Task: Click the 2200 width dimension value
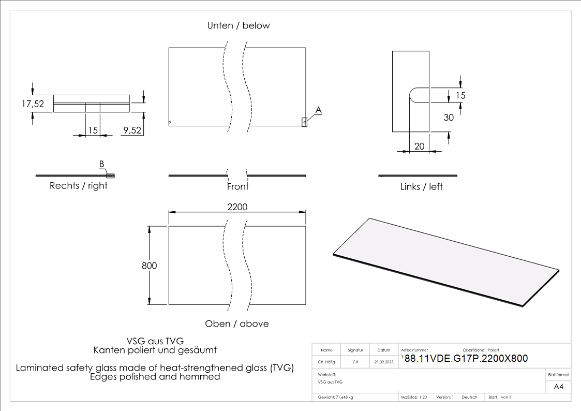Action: (237, 207)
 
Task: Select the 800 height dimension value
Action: (149, 266)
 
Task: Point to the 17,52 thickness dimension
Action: (33, 104)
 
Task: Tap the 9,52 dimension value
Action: (132, 130)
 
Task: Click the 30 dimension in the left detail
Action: (449, 118)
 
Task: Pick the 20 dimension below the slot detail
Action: (419, 146)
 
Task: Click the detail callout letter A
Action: (319, 110)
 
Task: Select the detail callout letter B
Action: (102, 164)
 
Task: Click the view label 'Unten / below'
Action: (239, 25)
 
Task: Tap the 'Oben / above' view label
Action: (237, 324)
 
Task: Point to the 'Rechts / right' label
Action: (79, 186)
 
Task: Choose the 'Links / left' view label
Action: (422, 186)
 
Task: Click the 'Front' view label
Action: (237, 186)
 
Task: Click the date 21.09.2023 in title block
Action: (384, 362)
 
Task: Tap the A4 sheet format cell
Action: (558, 386)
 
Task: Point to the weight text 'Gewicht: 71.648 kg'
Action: (336, 397)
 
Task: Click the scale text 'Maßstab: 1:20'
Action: (414, 397)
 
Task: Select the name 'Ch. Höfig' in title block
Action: (326, 362)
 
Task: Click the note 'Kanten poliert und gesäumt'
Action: (155, 350)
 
